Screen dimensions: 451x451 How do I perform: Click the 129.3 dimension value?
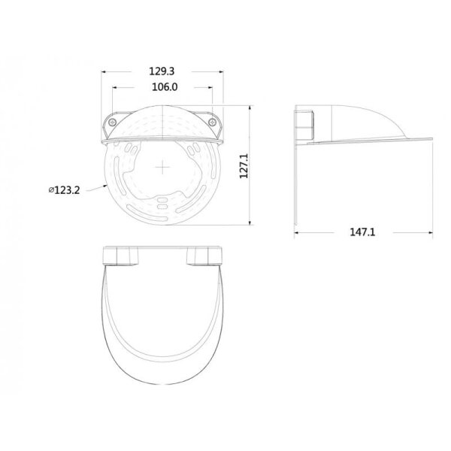tap(162, 71)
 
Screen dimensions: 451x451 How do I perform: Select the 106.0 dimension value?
tap(165, 87)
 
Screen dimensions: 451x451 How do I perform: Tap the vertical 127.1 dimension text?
tap(244, 166)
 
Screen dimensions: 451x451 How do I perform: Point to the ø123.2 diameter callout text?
tap(64, 190)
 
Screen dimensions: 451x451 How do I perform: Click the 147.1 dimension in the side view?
tap(362, 232)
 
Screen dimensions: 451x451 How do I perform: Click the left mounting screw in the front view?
tap(112, 123)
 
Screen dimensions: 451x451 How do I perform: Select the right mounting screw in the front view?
tap(212, 123)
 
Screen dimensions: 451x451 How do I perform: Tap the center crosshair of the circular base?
tap(162, 168)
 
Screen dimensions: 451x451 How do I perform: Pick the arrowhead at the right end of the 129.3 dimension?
tap(221, 71)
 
